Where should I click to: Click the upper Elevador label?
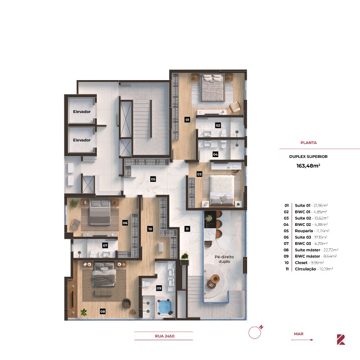82,111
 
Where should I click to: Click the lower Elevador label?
82,140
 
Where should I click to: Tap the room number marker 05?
153,179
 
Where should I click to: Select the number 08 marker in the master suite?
103,311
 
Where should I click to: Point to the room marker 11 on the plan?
187,229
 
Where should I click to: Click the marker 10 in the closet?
150,229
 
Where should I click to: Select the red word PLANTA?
309,143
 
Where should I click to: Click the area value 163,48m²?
308,165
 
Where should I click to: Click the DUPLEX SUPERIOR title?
308,157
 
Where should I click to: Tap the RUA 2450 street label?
164,336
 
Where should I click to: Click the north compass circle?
255,333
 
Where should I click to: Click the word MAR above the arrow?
298,334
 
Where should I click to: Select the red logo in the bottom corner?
341,339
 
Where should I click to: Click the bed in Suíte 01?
212,88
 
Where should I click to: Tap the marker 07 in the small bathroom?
105,246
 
